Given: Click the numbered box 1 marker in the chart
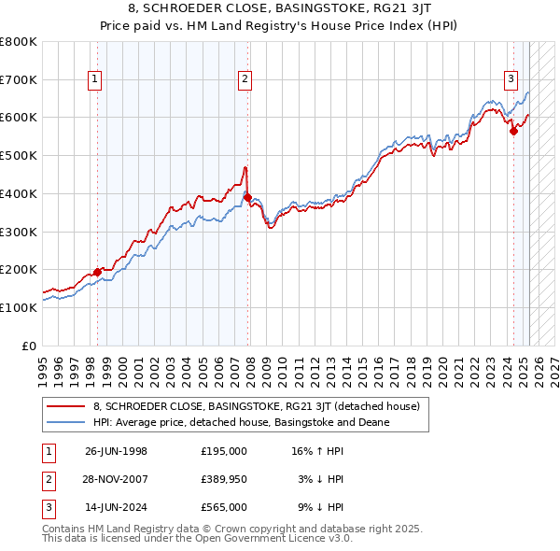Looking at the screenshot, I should (96, 80).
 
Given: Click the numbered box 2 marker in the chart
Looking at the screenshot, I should (245, 80).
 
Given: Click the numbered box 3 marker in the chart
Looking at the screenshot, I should (511, 80).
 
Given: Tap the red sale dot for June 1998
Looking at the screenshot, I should (97, 272).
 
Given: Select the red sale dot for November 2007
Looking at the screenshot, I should (247, 197).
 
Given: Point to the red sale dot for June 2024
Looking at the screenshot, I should (513, 131).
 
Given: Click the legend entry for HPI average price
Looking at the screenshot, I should (241, 422).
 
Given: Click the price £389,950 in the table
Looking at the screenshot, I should (224, 479).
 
